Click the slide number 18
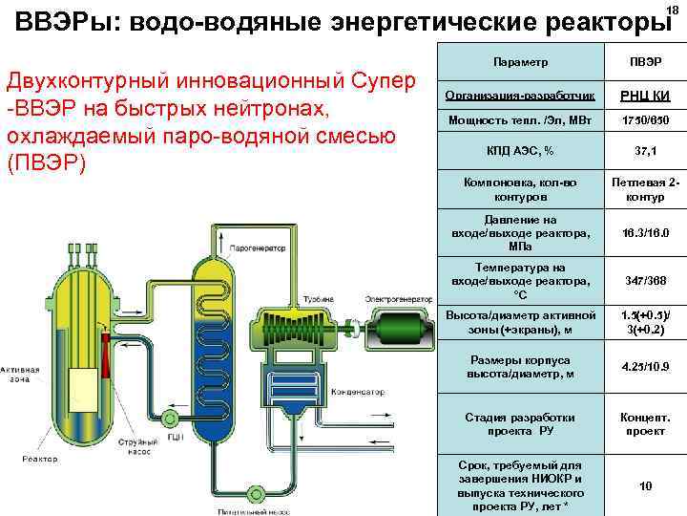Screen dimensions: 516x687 pyautogui.click(x=672, y=10)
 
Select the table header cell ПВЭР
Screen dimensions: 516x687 pyautogui.click(x=645, y=62)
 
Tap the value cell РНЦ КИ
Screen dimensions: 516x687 pyautogui.click(x=645, y=95)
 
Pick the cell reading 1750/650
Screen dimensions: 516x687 pyautogui.click(x=645, y=121)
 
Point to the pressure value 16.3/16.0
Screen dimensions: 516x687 pyautogui.click(x=645, y=233)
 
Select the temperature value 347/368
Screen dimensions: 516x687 pyautogui.click(x=645, y=282)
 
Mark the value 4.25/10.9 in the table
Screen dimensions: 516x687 pyautogui.click(x=645, y=367)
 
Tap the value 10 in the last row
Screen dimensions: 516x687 pyautogui.click(x=645, y=485)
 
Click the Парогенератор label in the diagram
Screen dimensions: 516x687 pyautogui.click(x=258, y=247)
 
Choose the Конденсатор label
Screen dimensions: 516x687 pyautogui.click(x=359, y=392)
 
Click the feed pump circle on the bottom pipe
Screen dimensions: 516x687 pyautogui.click(x=256, y=494)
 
